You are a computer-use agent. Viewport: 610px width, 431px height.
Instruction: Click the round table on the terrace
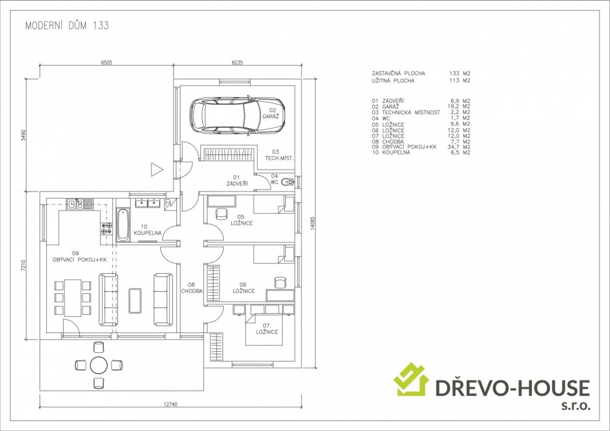pyautogui.click(x=99, y=365)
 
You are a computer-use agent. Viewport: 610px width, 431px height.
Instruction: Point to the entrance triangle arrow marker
pyautogui.click(x=157, y=170)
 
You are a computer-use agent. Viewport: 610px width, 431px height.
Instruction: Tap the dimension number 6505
pyautogui.click(x=106, y=63)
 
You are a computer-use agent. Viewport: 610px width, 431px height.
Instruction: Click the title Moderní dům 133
pyautogui.click(x=67, y=26)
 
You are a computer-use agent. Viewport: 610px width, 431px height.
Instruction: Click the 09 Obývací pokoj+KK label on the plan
pyautogui.click(x=79, y=257)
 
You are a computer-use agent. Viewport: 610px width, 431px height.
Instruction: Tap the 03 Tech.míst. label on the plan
pyautogui.click(x=279, y=155)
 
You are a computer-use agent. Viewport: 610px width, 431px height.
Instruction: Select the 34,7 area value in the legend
pyautogui.click(x=453, y=147)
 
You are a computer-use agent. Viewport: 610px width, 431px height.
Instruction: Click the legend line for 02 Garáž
pyautogui.click(x=421, y=106)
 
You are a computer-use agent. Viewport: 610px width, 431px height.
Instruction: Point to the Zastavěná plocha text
pyautogui.click(x=398, y=73)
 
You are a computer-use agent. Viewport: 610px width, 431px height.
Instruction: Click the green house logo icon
pyautogui.click(x=411, y=379)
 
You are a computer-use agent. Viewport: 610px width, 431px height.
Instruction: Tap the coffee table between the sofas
pyautogui.click(x=135, y=300)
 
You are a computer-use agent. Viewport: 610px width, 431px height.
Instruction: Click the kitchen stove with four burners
pyautogui.click(x=106, y=228)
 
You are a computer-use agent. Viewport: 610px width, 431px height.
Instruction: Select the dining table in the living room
pyautogui.click(x=73, y=298)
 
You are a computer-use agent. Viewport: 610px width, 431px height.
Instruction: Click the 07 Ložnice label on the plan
pyautogui.click(x=267, y=329)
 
